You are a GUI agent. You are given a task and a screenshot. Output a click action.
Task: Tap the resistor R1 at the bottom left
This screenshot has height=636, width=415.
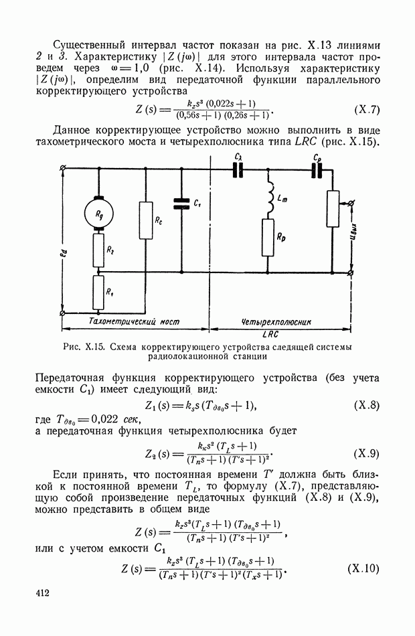click(98, 293)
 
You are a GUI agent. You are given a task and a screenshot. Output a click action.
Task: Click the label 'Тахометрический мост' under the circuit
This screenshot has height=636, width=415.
click(135, 321)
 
